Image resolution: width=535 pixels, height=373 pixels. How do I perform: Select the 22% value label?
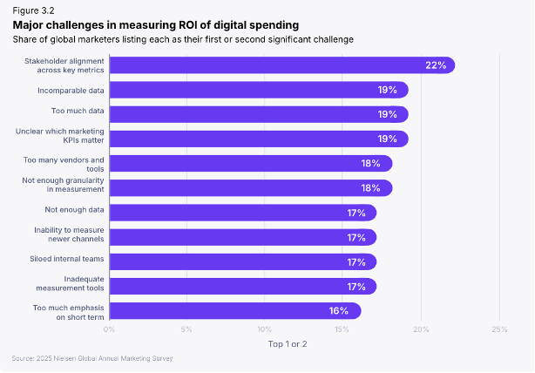tap(436, 65)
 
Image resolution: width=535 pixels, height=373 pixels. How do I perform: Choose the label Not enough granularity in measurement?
tap(63, 185)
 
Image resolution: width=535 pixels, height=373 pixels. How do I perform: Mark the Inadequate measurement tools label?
tap(72, 282)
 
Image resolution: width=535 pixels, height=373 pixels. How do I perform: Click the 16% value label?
tap(339, 310)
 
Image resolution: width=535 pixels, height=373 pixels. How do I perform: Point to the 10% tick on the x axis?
tap(265, 329)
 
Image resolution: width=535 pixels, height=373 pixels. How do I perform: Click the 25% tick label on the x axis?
tap(499, 329)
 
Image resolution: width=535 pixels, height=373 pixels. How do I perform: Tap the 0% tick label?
tap(109, 329)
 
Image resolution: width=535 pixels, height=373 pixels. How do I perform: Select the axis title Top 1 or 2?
tap(288, 343)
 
